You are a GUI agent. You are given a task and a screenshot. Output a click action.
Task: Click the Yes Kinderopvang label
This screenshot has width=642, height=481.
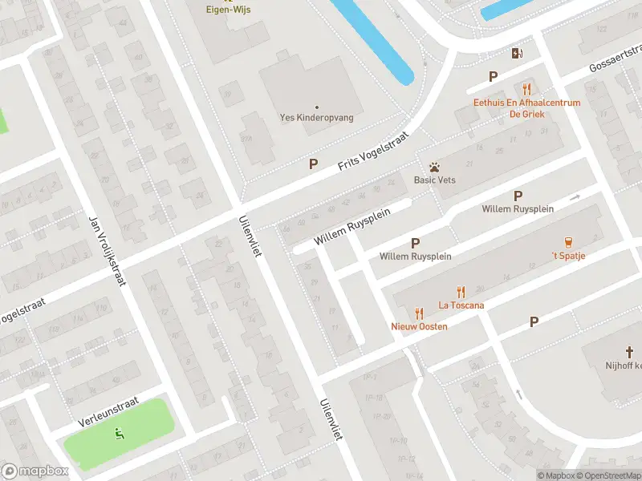point(316,117)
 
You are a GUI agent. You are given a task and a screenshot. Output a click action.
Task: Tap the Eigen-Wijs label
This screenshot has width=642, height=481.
point(227,10)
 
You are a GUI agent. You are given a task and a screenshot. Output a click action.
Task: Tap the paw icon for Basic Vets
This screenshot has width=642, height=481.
point(434,167)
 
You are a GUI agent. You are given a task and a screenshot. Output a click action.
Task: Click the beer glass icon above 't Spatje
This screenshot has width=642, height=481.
point(568,241)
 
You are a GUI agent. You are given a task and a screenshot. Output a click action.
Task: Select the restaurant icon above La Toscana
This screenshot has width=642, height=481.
point(461,292)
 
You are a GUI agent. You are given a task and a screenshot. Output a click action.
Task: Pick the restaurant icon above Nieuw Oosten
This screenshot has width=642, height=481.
point(419,313)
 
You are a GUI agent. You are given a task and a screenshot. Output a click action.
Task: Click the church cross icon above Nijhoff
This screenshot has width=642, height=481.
point(630,351)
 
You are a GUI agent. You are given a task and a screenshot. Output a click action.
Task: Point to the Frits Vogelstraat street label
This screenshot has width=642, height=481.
point(373,151)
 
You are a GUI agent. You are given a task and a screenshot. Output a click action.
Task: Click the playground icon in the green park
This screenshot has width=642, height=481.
point(120,434)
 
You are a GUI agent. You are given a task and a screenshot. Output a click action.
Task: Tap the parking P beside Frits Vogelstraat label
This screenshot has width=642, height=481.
point(314,164)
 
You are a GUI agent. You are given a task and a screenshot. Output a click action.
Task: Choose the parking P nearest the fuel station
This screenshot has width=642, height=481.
point(494,76)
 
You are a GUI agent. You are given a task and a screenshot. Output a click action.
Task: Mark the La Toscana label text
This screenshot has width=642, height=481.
point(461,305)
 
